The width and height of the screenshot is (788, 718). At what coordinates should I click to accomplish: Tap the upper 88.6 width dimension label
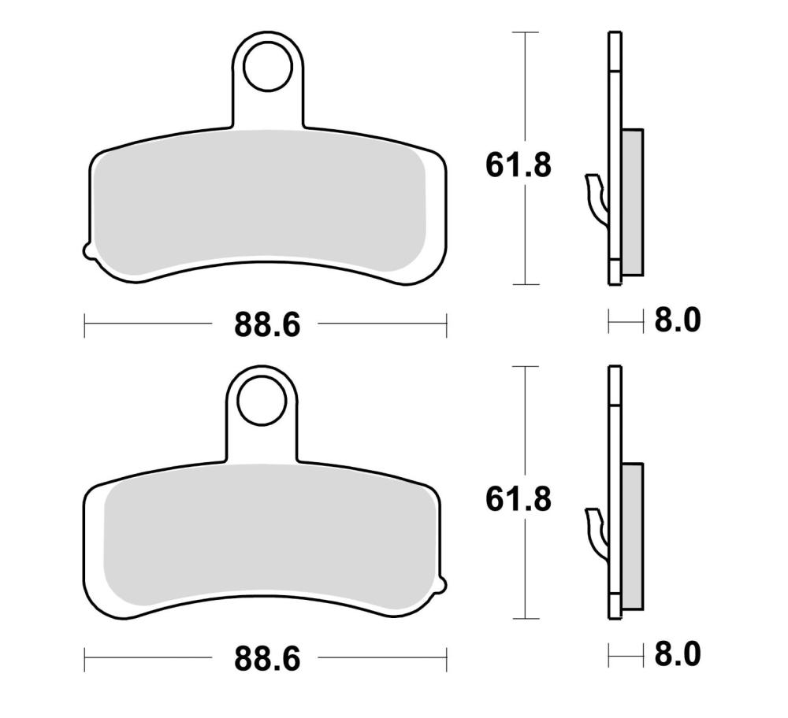tap(267, 324)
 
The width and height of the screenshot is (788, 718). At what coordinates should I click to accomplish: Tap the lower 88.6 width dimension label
tap(267, 658)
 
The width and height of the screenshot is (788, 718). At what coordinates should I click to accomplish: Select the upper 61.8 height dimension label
tap(519, 165)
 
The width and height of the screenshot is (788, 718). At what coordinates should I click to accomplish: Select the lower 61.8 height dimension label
tap(519, 500)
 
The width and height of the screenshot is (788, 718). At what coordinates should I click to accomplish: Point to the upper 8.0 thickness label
tap(677, 320)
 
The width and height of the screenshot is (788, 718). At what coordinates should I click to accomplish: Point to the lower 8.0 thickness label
tap(677, 655)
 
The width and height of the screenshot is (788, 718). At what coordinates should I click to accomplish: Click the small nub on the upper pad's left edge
tap(87, 251)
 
